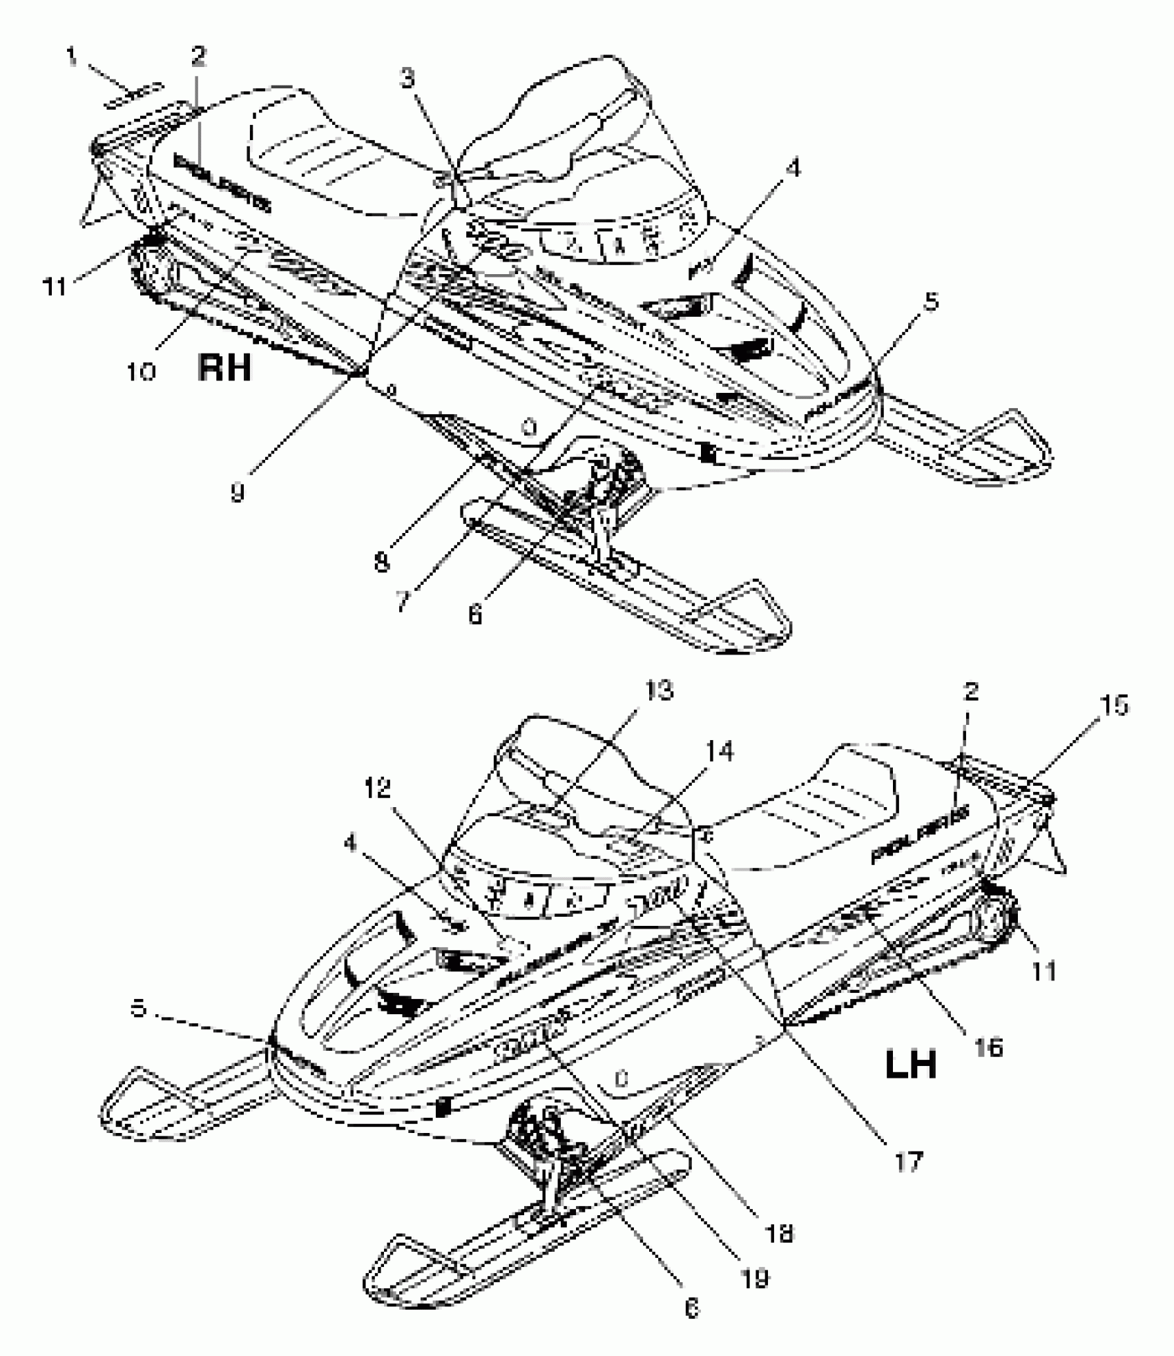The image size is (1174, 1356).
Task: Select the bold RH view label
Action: coord(224,367)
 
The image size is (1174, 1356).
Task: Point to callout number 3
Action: coord(408,79)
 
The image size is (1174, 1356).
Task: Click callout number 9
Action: coord(237,492)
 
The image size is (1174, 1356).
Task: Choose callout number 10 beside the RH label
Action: coord(141,371)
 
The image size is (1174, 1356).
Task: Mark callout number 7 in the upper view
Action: coord(401,601)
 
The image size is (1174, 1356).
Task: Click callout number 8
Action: coord(382,562)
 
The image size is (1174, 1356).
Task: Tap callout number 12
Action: coord(378,788)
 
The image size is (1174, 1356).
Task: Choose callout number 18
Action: coord(780,1233)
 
